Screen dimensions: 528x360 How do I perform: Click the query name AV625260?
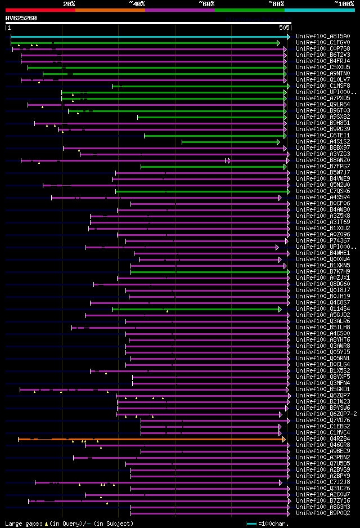pos(21,18)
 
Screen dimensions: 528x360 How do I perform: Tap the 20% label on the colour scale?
pos(69,4)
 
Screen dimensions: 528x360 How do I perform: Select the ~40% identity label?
pos(137,4)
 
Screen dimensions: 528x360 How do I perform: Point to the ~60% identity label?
pos(206,4)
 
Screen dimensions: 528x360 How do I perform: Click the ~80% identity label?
pos(276,4)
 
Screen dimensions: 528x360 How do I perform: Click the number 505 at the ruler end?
pos(284,27)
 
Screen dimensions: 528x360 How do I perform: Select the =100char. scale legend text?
pos(274,523)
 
